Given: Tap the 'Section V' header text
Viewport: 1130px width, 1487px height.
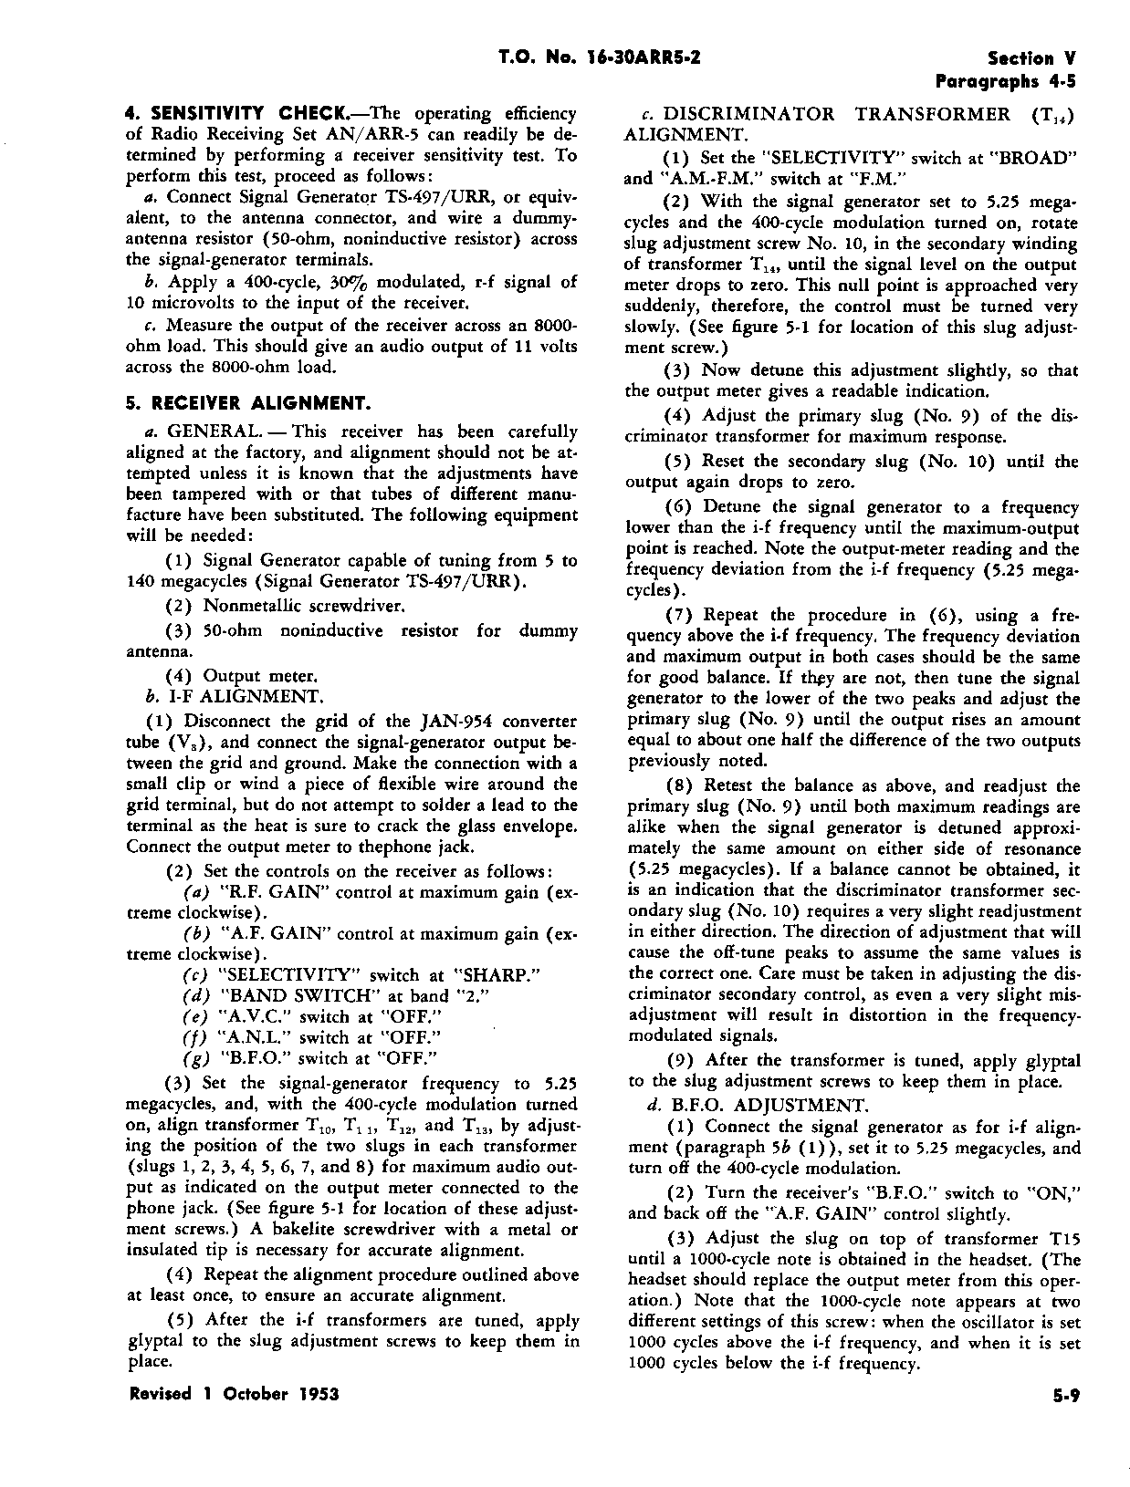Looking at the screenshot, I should pos(1032,58).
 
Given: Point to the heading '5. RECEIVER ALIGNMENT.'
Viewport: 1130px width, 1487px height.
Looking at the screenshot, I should pos(247,402).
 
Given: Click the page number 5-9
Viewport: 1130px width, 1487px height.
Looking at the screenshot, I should pos(1064,1395).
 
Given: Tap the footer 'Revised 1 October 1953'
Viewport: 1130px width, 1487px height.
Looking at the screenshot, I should pos(234,1394).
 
